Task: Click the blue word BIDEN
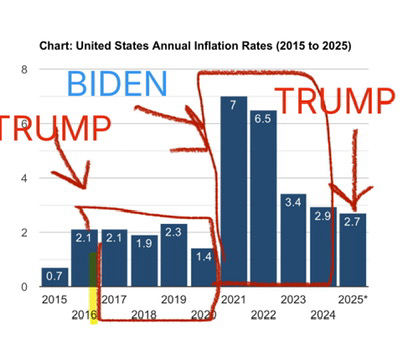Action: pos(117,83)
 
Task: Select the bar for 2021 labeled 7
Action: pos(234,191)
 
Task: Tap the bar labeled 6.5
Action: pos(263,198)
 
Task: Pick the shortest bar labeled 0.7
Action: pos(55,277)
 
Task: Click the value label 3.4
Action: pos(293,202)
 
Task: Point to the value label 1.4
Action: pos(204,256)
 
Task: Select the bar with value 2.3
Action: pos(174,255)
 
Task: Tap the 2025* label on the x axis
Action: pos(353,299)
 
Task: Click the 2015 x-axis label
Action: pos(54,299)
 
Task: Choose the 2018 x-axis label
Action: pos(144,314)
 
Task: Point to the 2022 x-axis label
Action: pos(263,314)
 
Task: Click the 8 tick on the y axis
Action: pos(24,70)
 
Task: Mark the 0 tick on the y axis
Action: pos(24,287)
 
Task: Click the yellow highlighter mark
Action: pos(93,288)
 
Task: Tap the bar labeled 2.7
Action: pos(353,250)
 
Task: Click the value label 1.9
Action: pos(144,243)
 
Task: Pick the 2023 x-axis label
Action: pos(293,299)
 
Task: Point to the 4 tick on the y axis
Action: pos(24,178)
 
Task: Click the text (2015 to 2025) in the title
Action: pos(313,46)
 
